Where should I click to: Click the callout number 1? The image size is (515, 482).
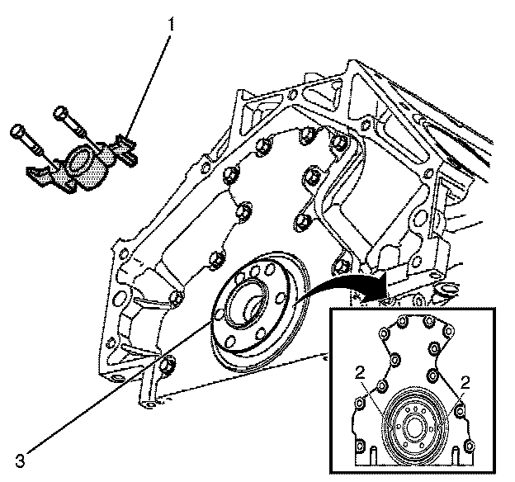[x=171, y=25]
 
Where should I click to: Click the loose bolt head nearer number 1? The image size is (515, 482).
[x=60, y=111]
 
